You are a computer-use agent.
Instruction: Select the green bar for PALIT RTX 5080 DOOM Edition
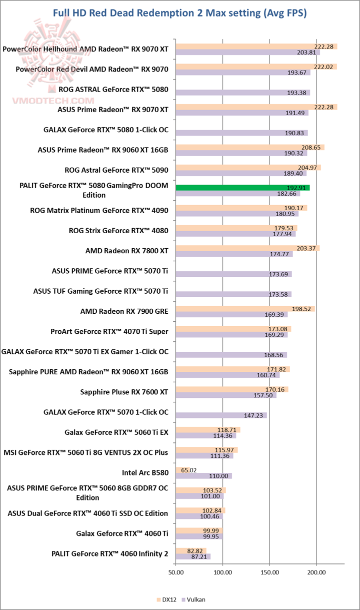click(x=242, y=188)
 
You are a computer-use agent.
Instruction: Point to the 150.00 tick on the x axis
click(x=269, y=572)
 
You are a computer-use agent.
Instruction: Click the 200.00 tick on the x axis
click(x=315, y=572)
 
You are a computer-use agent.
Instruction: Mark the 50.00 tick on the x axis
click(x=176, y=572)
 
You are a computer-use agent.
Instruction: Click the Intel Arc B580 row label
click(x=145, y=472)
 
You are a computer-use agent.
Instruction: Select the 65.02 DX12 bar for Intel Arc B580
click(x=179, y=469)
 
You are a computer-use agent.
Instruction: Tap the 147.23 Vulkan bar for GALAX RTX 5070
click(x=221, y=415)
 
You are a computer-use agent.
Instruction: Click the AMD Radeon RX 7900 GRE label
click(x=124, y=311)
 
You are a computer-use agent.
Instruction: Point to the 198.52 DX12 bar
click(x=245, y=309)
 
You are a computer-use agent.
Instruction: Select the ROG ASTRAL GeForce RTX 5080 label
click(x=113, y=90)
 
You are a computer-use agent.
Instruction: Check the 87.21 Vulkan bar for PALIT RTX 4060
click(x=192, y=556)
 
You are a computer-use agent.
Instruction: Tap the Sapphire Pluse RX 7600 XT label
click(x=124, y=392)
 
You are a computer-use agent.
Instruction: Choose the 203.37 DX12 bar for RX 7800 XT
click(x=247, y=248)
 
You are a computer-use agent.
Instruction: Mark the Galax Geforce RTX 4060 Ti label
click(x=122, y=533)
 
